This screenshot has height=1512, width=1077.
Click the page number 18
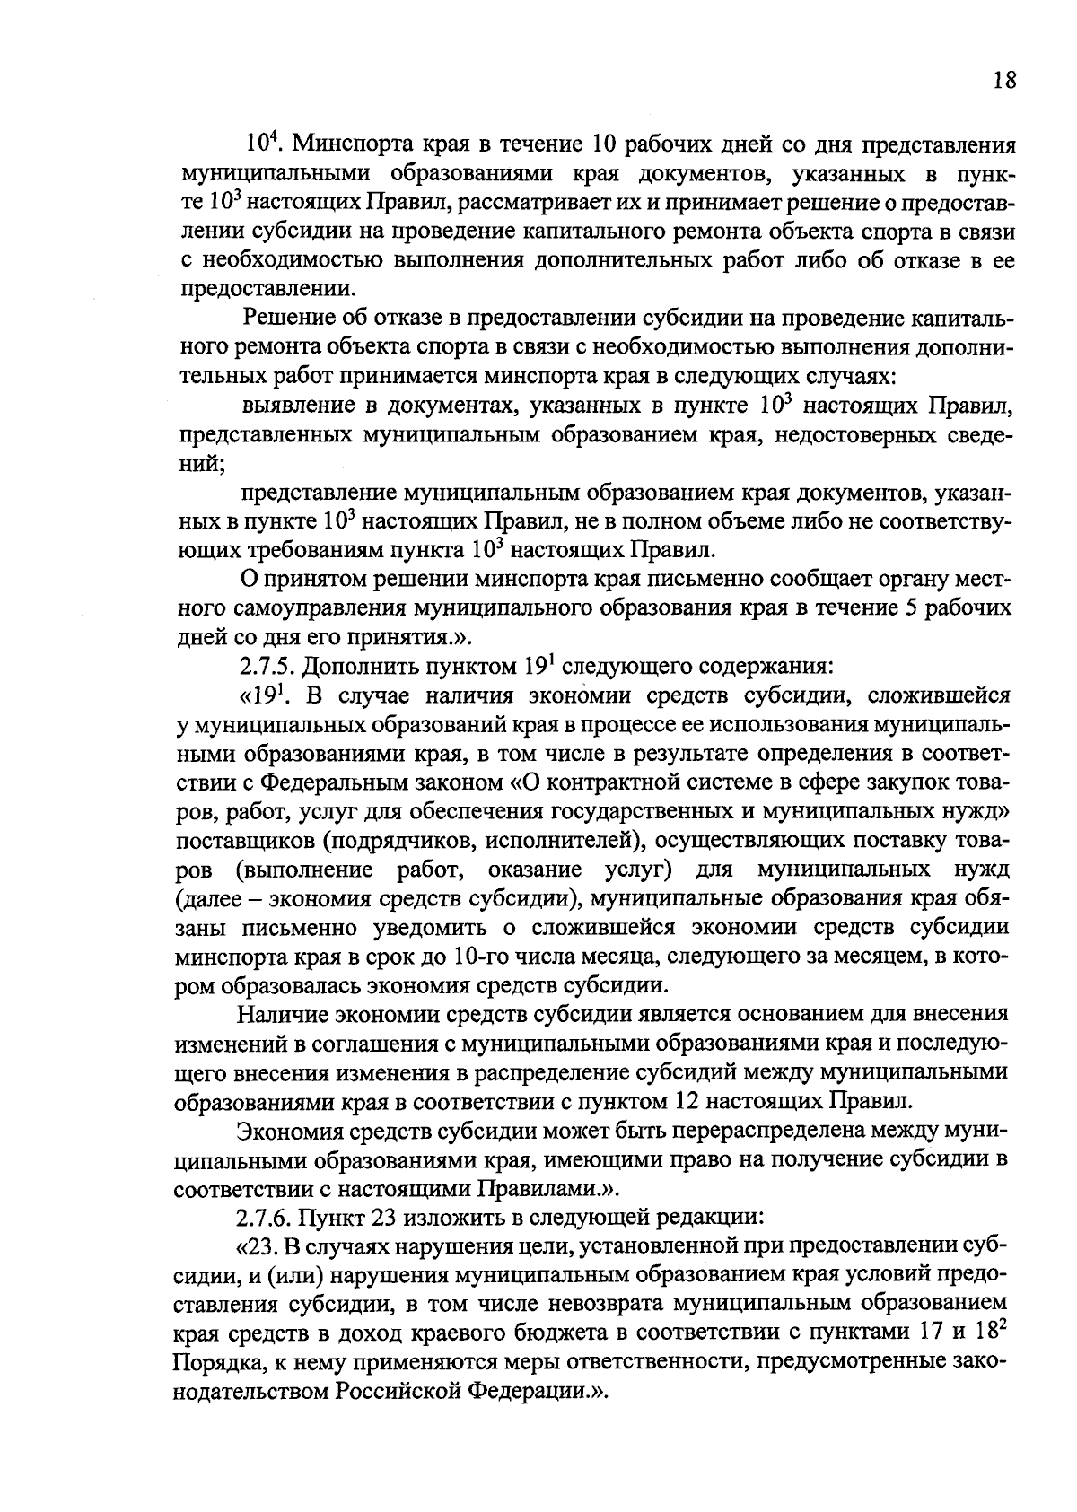pos(1004,82)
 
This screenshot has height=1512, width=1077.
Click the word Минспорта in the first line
pos(355,144)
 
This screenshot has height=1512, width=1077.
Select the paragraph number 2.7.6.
pos(265,1219)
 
